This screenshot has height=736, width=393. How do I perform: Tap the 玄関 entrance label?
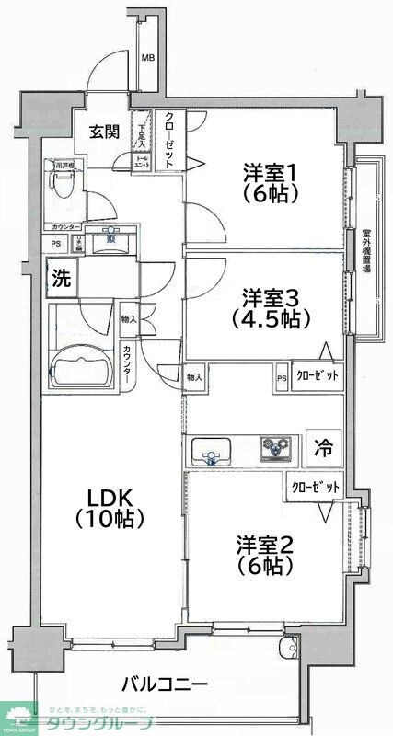103,131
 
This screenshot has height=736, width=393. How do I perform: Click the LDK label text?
110,507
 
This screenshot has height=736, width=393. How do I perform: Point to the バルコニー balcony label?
165,684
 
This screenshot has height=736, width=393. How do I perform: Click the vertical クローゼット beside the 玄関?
171,138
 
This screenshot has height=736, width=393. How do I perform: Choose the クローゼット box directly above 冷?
318,375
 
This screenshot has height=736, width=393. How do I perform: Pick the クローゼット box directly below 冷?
314,487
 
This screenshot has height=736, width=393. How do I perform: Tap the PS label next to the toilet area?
57,243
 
